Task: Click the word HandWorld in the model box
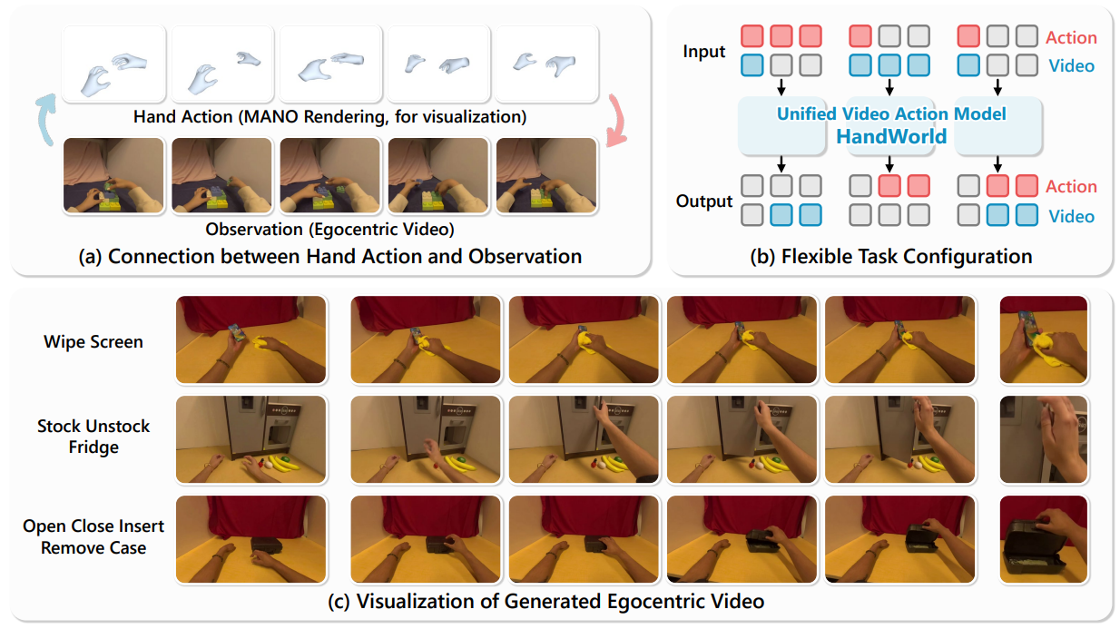[890, 137]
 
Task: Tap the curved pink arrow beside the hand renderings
[616, 120]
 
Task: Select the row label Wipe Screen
[93, 342]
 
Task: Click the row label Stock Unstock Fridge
[93, 437]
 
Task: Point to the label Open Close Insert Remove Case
[93, 536]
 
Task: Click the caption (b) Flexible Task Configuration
[891, 257]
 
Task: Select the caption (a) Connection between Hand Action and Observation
[330, 256]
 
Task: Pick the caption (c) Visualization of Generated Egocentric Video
[560, 601]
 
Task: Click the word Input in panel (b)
[704, 52]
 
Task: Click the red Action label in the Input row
[1071, 37]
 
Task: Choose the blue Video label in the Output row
[1071, 216]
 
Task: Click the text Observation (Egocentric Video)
[329, 228]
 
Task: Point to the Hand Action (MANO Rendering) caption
[330, 117]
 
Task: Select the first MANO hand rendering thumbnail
[114, 64]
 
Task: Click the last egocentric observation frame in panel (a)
[545, 176]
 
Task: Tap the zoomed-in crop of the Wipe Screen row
[1043, 339]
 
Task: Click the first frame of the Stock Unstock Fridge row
[251, 439]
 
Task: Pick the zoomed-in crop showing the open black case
[1043, 539]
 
